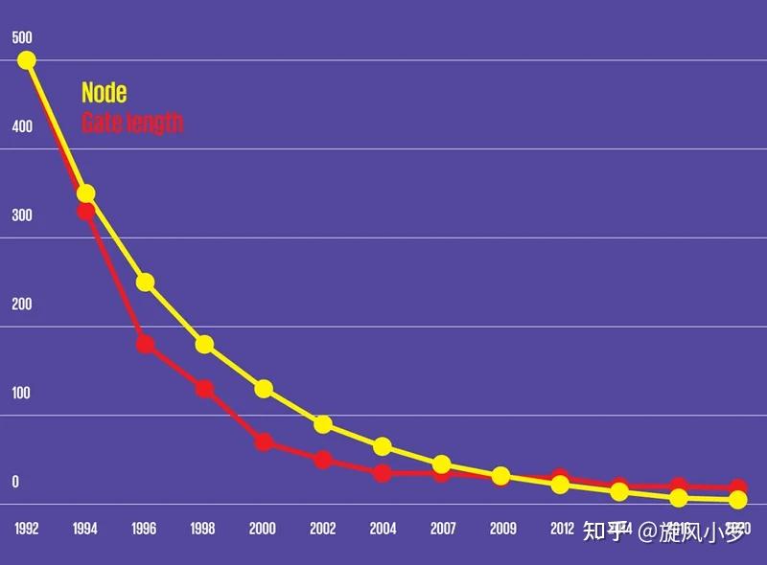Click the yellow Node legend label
point(104,93)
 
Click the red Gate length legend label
point(131,123)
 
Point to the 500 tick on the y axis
point(21,38)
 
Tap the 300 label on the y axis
point(21,215)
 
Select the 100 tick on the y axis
point(21,393)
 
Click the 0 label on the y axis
point(15,482)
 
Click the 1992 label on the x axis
point(27,529)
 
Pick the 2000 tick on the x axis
point(263,529)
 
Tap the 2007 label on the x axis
point(442,529)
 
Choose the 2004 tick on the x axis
point(383,529)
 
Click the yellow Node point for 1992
point(27,60)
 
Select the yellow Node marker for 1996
point(145,282)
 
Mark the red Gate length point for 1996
point(145,344)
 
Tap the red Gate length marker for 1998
point(204,389)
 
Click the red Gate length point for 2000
point(264,441)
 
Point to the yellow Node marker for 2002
point(323,424)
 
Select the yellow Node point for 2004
point(383,446)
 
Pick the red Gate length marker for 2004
point(383,473)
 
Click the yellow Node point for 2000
point(264,389)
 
